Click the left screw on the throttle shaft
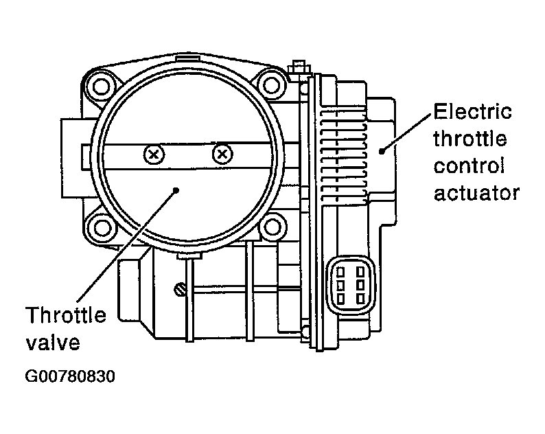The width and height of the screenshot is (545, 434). pos(154,154)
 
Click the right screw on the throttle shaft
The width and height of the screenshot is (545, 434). pos(222,153)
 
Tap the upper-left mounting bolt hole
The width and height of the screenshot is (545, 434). pos(102,87)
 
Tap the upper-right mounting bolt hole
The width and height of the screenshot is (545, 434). pos(270,85)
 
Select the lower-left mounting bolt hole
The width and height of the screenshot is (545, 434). pos(101,228)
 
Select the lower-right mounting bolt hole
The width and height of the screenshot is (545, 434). pos(272,228)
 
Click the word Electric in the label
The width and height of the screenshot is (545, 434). pos(473,111)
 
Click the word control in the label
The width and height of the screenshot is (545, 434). pos(469,165)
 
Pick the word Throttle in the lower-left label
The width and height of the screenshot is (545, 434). pos(66,315)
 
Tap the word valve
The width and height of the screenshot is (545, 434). pos(53,342)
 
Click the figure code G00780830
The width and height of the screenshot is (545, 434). pos(70,376)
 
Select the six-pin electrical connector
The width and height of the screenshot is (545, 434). pos(350,285)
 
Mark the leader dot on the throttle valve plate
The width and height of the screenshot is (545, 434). pos(176,190)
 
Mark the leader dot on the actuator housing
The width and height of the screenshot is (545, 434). pos(382,151)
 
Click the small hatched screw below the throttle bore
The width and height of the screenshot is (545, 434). pos(180,289)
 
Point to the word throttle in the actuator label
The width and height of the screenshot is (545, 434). pos(470,139)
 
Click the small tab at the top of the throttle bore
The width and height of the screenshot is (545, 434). pos(189,57)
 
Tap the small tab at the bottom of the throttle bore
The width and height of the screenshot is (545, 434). pos(189,256)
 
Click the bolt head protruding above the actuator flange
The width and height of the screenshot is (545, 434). pos(299,67)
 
